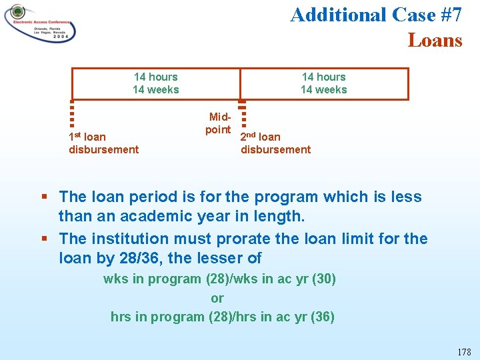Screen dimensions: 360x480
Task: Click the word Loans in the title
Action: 435,41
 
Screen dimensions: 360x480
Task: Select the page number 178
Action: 464,351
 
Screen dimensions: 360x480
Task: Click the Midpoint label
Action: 217,123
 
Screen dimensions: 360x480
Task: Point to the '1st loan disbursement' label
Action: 103,143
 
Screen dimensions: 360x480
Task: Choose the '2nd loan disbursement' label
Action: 275,143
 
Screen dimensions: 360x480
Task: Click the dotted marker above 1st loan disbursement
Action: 71,113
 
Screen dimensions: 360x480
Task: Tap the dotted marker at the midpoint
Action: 242,113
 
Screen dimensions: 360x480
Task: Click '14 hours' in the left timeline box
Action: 155,77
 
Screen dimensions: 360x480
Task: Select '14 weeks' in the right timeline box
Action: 323,89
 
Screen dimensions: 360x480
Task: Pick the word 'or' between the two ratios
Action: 217,298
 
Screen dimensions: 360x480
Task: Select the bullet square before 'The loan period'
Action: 44,197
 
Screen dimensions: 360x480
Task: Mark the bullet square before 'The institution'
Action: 44,238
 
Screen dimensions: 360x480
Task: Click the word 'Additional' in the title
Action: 338,15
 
